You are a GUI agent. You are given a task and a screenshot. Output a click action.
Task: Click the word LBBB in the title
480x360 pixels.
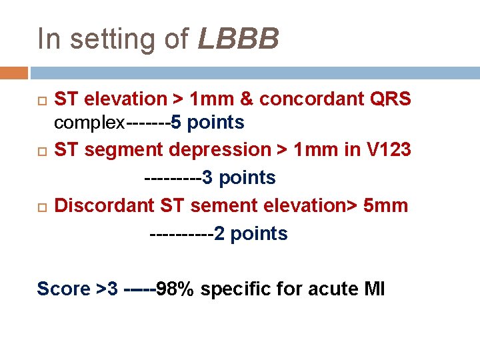[239, 39]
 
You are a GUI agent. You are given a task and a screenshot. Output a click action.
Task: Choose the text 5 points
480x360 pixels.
[208, 123]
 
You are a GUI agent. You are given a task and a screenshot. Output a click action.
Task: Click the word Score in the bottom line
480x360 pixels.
[63, 289]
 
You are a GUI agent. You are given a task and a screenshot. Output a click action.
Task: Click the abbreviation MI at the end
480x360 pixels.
[374, 289]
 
